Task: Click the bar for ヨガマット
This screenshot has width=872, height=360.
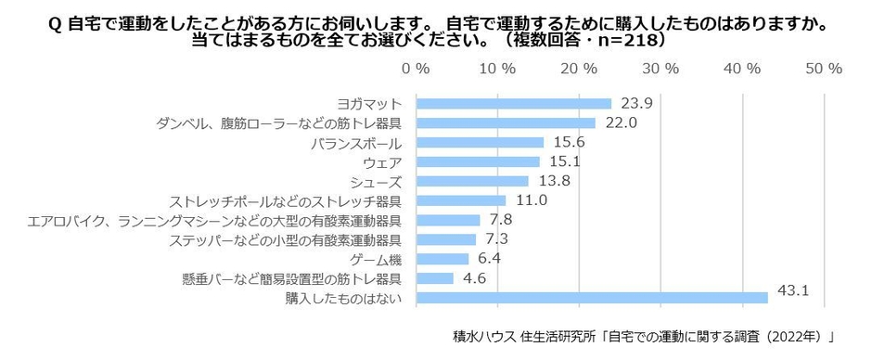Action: [x=513, y=104]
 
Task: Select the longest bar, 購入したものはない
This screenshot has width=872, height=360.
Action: [x=592, y=298]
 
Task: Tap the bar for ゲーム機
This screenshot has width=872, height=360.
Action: [x=442, y=259]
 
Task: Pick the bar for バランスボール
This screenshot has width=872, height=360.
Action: [x=480, y=143]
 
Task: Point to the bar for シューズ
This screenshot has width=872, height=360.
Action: [x=472, y=181]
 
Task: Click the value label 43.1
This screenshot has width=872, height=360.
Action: [x=794, y=291]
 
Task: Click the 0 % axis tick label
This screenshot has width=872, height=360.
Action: [x=416, y=70]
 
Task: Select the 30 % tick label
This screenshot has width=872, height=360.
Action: [x=660, y=70]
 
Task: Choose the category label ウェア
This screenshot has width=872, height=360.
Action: [x=380, y=162]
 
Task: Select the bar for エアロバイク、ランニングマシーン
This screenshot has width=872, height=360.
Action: [x=448, y=220]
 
